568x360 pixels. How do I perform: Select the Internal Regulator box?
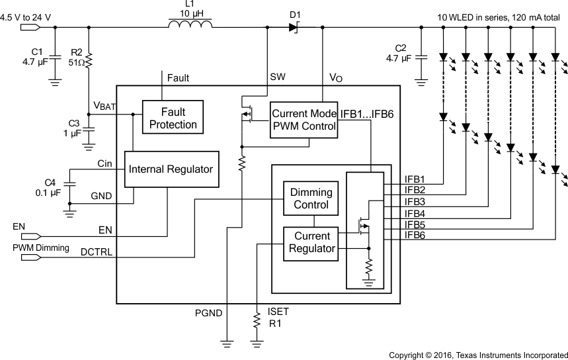pyautogui.click(x=171, y=169)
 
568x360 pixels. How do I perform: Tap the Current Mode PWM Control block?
pyautogui.click(x=304, y=120)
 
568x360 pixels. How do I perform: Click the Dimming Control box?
pyautogui.click(x=311, y=198)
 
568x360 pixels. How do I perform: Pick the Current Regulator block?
pyautogui.click(x=311, y=242)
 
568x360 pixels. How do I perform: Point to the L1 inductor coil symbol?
pyautogui.click(x=190, y=24)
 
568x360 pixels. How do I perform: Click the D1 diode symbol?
pyautogui.click(x=293, y=28)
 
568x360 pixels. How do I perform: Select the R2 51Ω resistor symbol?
pyautogui.click(x=89, y=62)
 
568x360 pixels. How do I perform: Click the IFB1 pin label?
pyautogui.click(x=415, y=179)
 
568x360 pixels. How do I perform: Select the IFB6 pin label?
pyautogui.click(x=415, y=235)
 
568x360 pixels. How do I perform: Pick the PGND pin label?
pyautogui.click(x=208, y=312)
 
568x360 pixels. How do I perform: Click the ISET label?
pyautogui.click(x=278, y=311)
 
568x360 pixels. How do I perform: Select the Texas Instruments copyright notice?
pyautogui.click(x=477, y=354)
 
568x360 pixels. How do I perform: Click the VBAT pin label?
pyautogui.click(x=104, y=107)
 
